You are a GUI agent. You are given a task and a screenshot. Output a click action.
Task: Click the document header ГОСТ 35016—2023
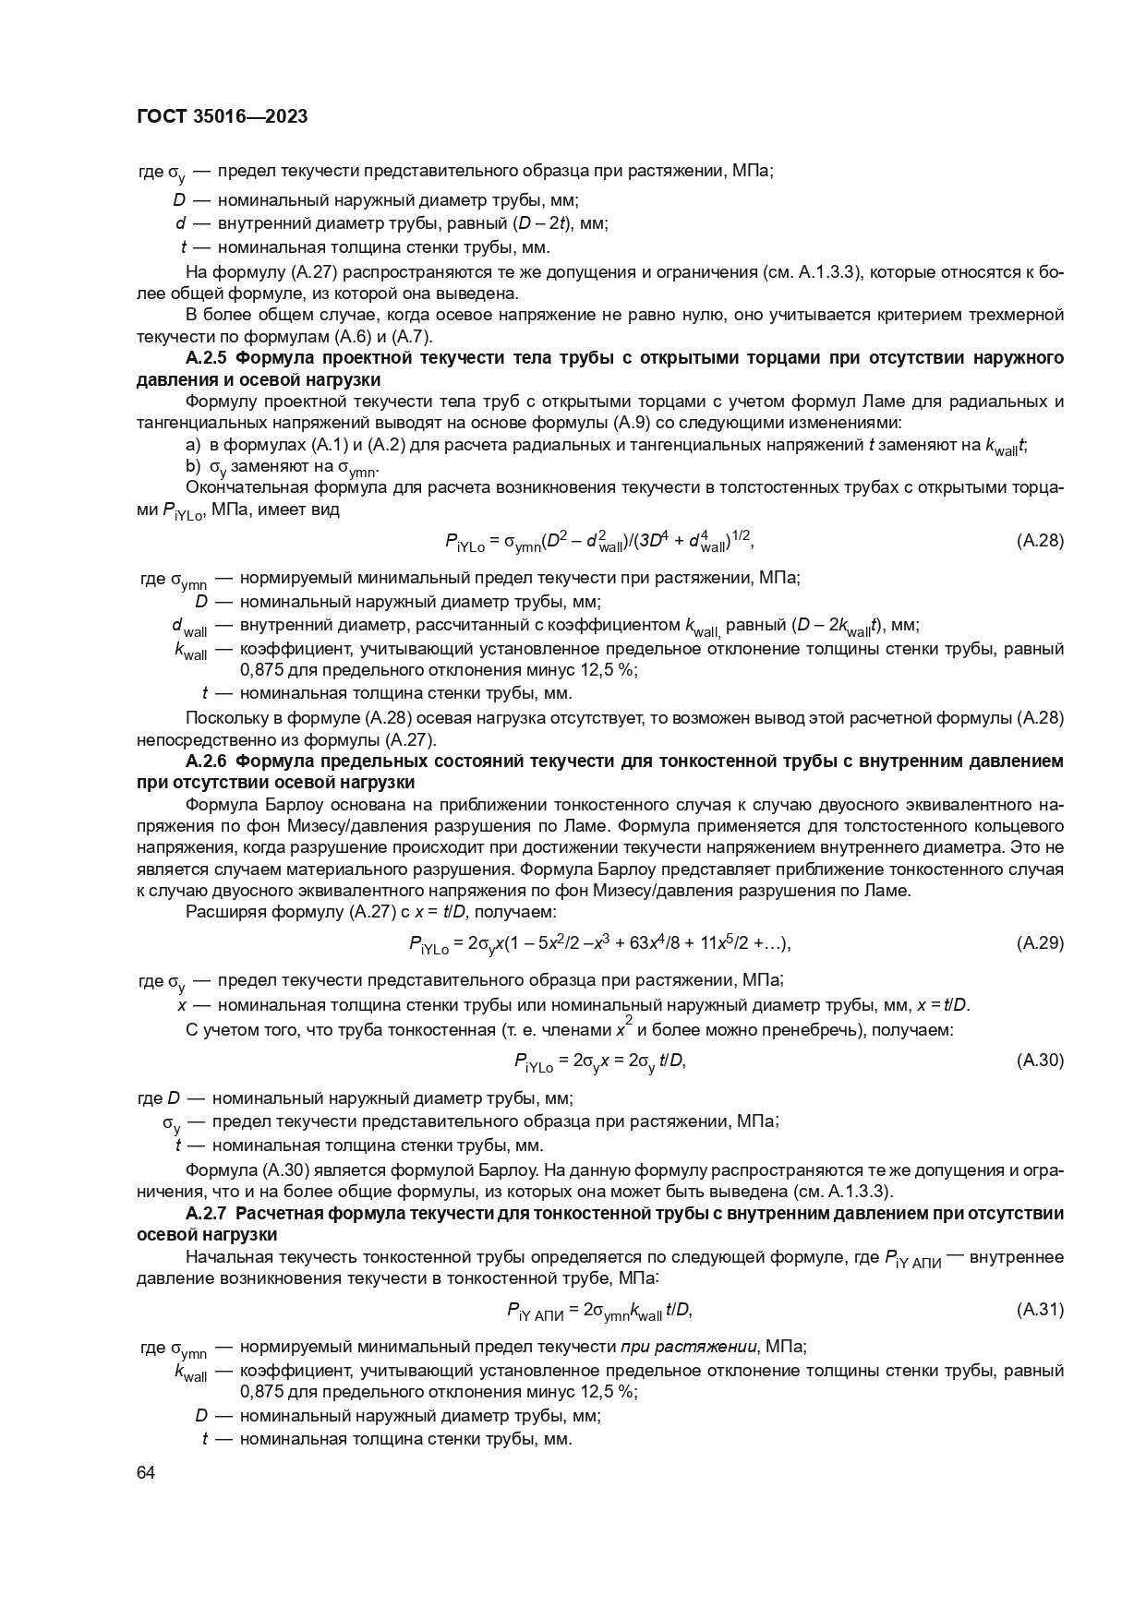222,116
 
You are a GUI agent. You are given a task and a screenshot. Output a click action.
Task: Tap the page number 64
145,1473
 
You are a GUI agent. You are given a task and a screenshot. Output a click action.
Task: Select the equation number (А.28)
1039,541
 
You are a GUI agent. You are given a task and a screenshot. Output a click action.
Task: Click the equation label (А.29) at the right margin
1039,942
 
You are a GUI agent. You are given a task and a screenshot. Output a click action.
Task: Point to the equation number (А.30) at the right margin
1039,1061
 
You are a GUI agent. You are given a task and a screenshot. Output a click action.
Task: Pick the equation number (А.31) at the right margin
1039,1309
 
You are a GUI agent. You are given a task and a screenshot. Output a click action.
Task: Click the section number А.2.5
208,357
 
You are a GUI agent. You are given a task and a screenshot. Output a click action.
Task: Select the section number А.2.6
208,762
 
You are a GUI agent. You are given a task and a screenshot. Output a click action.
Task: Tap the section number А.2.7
208,1214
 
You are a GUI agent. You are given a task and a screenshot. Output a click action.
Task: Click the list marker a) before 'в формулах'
193,446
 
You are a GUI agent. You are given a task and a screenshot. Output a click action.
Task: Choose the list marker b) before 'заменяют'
193,466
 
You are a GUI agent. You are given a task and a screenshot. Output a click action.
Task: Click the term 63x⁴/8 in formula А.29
656,942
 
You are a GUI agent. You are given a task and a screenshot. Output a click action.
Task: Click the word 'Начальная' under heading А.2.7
223,1256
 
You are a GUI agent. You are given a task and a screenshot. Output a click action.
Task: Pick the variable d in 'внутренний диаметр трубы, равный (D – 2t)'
181,223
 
